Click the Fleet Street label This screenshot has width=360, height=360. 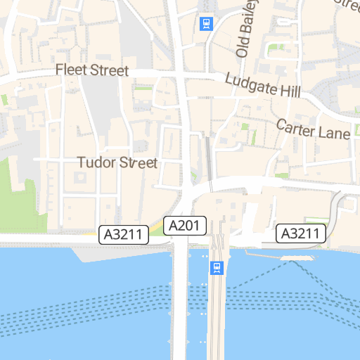92,70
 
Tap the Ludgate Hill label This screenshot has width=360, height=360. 263,86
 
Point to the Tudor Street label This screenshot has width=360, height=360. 117,163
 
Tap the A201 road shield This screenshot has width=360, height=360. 186,226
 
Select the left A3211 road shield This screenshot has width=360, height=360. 124,234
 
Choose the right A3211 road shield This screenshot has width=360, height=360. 302,233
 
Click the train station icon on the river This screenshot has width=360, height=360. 217,269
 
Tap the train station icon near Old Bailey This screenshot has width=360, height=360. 206,24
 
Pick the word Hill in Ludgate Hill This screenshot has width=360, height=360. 289,91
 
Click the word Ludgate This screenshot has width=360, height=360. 249,83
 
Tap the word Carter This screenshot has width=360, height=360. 297,127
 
